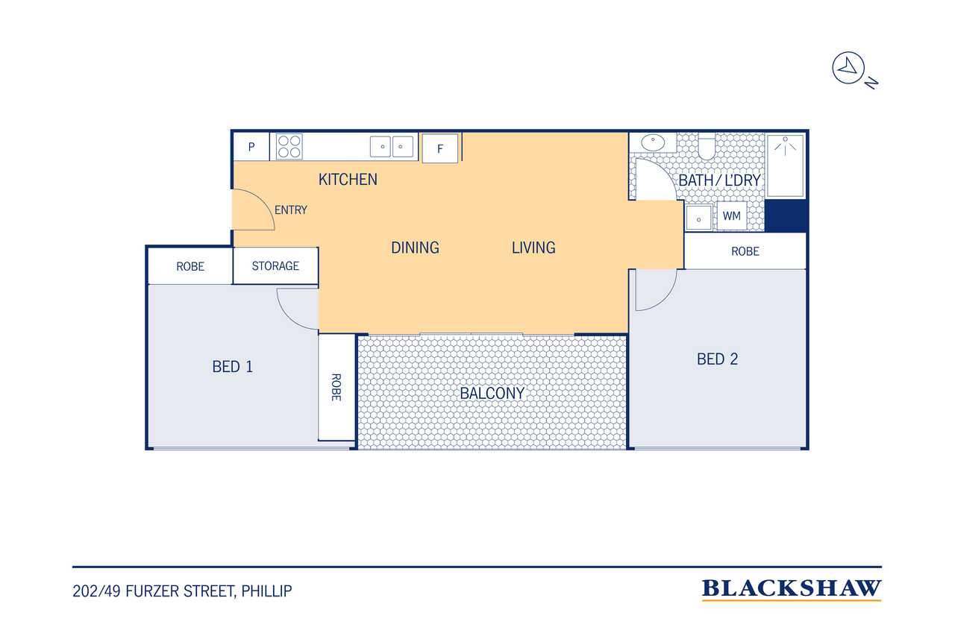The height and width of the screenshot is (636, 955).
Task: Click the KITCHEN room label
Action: [348, 180]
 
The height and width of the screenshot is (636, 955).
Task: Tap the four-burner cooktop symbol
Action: [289, 147]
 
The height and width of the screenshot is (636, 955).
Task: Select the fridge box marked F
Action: [440, 148]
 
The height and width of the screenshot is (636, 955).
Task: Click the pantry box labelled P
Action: [251, 147]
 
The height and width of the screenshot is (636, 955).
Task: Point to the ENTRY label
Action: [291, 210]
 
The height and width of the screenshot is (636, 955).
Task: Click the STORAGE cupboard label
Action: [275, 266]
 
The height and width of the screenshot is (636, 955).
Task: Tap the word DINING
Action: [416, 248]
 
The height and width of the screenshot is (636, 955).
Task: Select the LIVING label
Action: [533, 248]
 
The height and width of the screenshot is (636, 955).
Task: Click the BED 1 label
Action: [232, 366]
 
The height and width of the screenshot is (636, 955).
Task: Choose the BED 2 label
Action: [717, 359]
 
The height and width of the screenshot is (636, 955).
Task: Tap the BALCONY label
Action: [492, 393]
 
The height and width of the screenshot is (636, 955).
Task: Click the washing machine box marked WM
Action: [732, 216]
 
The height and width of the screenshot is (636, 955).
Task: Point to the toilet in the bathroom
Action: [707, 146]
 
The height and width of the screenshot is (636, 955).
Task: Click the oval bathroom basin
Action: [653, 142]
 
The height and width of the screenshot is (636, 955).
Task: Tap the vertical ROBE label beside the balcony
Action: [336, 387]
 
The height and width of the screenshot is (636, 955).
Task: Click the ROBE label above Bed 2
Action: [745, 251]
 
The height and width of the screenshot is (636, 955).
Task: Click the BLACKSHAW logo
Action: [792, 589]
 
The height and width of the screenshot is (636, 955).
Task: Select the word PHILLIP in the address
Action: [266, 591]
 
